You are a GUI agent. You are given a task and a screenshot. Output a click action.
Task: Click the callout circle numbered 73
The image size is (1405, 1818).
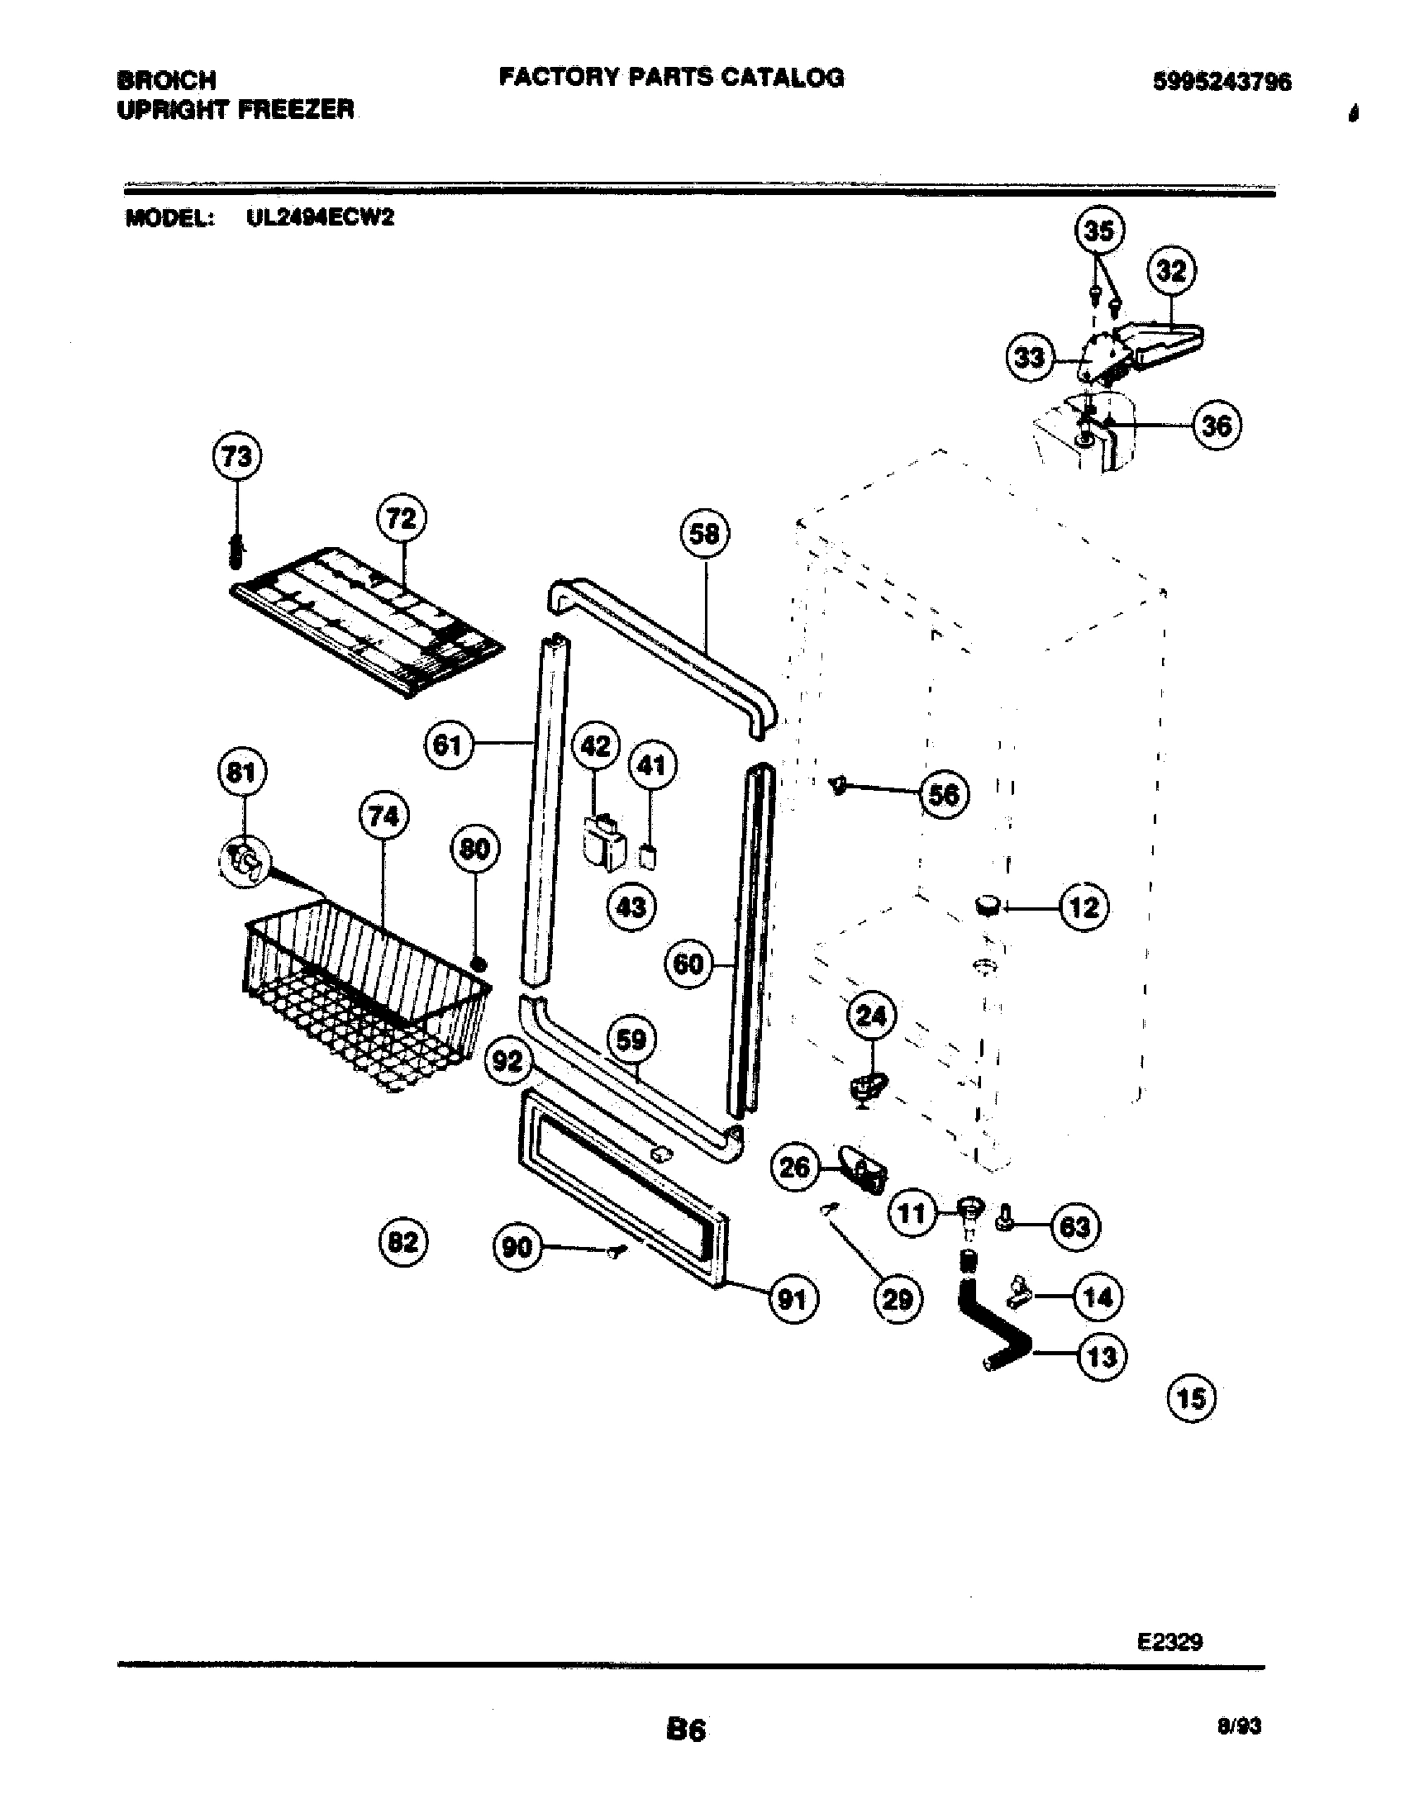click(237, 457)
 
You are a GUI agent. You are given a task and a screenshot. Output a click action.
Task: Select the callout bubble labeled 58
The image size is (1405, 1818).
click(705, 533)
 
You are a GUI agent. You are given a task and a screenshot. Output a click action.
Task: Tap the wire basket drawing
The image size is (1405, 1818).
click(366, 995)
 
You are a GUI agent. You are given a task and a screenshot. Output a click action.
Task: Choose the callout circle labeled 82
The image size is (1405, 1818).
click(402, 1242)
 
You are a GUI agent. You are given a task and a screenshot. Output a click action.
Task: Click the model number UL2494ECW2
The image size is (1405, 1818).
click(321, 218)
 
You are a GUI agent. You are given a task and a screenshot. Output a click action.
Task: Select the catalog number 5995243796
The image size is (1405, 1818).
click(1222, 82)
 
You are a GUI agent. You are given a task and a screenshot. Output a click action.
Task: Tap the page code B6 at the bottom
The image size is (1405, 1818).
click(686, 1730)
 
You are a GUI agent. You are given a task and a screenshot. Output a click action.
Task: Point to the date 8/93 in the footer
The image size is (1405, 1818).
click(1239, 1726)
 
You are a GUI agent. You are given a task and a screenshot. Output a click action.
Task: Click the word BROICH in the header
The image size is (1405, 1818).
click(167, 80)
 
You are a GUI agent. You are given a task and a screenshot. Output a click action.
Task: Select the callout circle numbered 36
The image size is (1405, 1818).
click(1216, 426)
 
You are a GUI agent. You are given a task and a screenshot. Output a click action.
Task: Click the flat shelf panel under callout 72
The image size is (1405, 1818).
click(366, 624)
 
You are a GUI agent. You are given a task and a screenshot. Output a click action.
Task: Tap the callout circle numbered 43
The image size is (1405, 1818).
click(631, 907)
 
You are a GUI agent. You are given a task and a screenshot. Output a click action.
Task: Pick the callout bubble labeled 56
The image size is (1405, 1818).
click(944, 794)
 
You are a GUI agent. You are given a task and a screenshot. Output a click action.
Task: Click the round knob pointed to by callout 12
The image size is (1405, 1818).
click(987, 904)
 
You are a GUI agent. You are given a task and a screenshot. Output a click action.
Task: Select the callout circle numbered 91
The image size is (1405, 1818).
click(793, 1298)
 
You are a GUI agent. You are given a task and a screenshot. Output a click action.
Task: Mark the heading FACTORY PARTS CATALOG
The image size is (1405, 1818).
click(672, 78)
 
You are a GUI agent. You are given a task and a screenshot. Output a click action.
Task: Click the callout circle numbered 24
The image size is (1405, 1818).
click(871, 1016)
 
